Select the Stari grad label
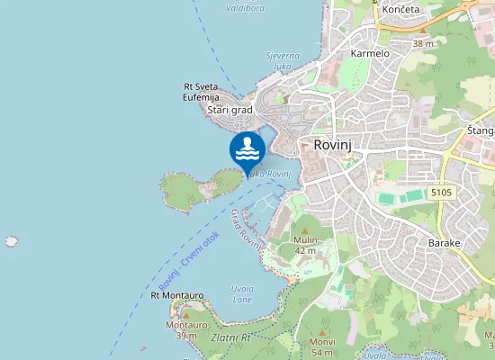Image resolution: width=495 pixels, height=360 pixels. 229,111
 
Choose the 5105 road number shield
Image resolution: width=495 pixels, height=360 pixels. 441,193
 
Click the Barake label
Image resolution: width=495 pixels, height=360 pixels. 445,244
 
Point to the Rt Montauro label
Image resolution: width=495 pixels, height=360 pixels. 176,294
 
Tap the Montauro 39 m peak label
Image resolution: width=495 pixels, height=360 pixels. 185,329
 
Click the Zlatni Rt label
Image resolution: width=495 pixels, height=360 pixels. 231,338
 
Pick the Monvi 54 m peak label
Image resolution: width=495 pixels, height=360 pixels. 322,347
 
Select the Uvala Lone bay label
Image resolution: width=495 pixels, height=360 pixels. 242,294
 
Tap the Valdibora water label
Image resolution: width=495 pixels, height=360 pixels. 245,7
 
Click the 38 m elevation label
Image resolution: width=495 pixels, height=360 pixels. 423,43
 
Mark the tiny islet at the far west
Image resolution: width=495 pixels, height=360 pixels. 11,241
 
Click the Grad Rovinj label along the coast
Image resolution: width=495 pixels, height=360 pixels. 245,229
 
